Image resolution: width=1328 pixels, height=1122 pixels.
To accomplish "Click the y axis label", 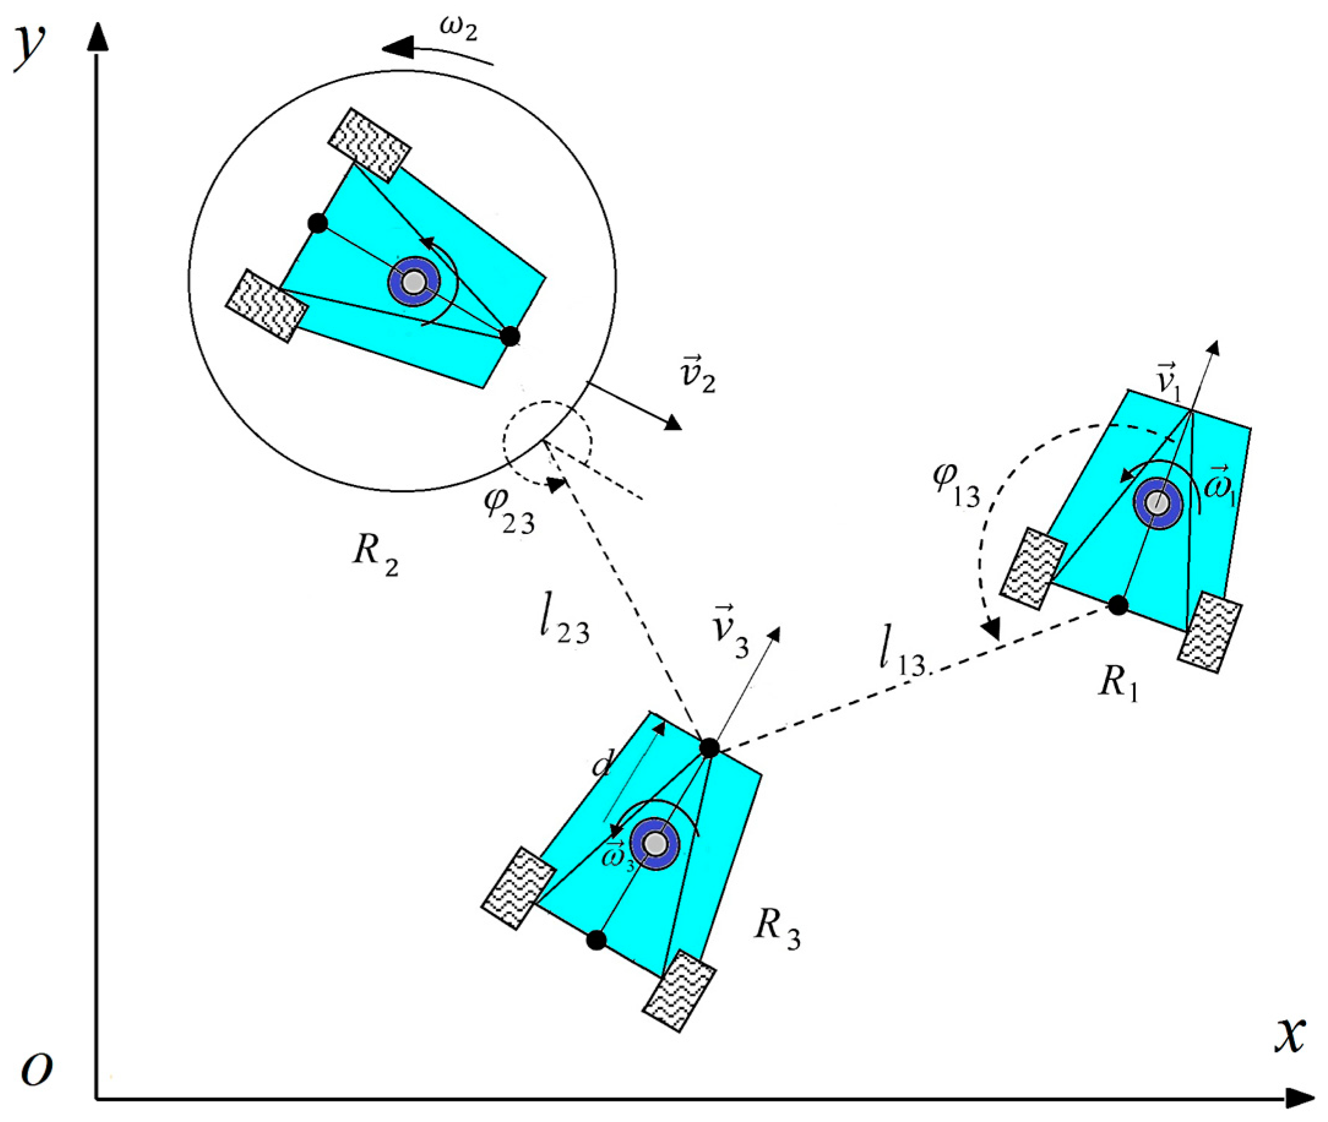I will pos(31,48).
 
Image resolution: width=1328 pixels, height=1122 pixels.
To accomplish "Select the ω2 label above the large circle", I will pos(458,29).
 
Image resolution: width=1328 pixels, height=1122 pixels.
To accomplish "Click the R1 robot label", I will pos(1117,683).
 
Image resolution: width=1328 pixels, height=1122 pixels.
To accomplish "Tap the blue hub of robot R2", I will pos(415,282).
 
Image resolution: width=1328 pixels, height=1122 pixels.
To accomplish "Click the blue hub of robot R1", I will pos(1158,503).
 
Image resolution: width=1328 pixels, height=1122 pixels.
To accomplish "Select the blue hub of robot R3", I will pos(655,844).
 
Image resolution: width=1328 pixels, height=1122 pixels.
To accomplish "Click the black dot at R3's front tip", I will pos(709,747).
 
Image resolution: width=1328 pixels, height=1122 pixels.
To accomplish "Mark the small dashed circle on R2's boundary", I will pos(547,442).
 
